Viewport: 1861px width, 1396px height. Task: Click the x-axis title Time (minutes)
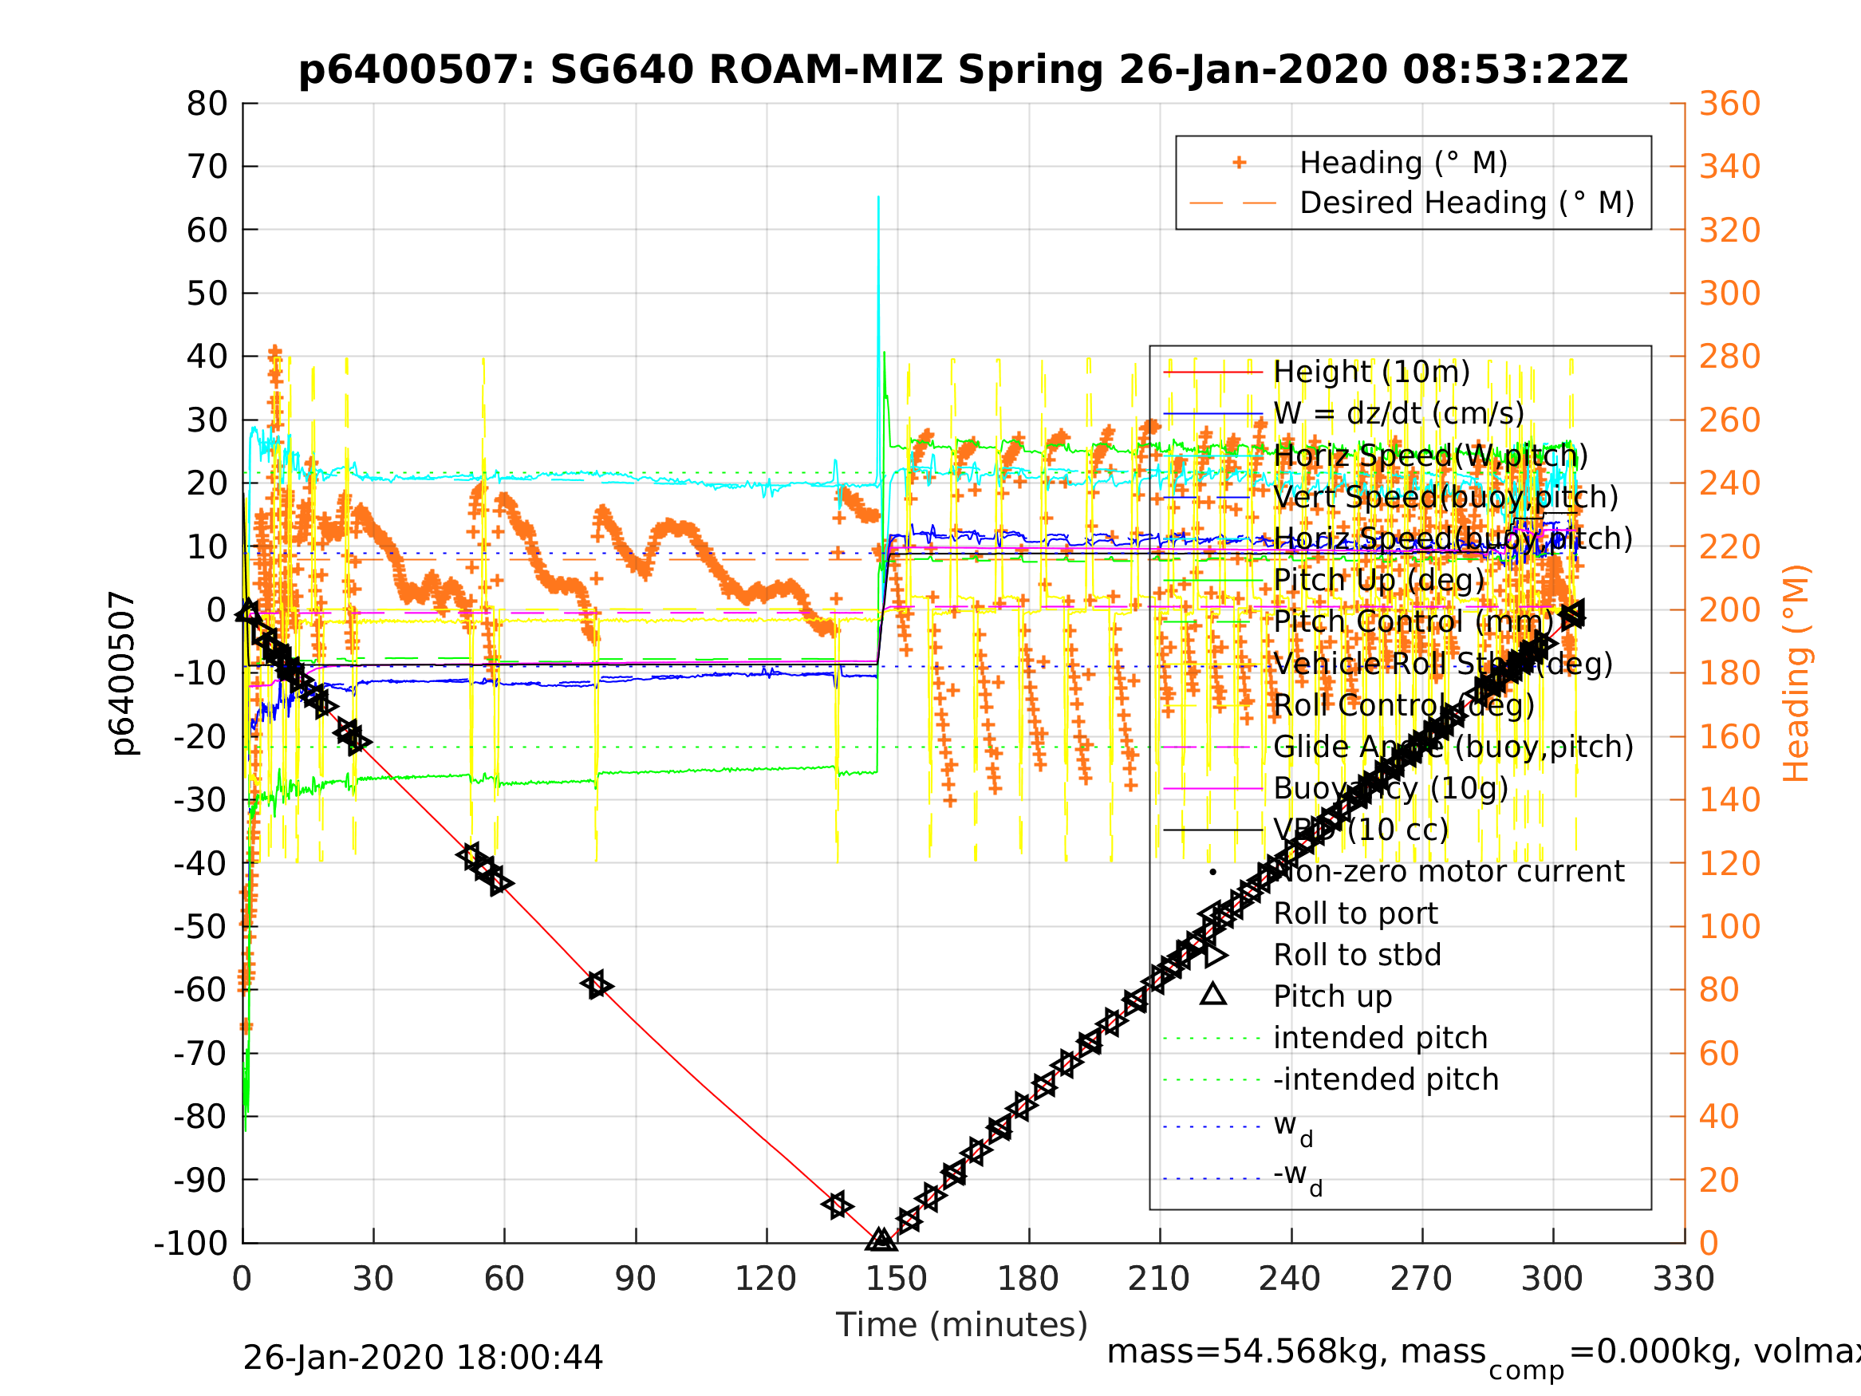(x=962, y=1324)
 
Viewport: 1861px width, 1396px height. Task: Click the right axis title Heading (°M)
(x=1796, y=673)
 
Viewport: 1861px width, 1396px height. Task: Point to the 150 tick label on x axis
(x=897, y=1279)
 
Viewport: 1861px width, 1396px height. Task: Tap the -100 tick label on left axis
(x=191, y=1243)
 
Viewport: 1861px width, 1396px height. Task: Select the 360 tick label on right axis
(x=1729, y=104)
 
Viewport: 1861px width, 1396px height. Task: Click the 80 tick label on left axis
(x=207, y=104)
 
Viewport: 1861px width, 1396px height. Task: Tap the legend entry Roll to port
(x=1355, y=913)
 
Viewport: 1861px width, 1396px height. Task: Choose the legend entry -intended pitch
(x=1386, y=1079)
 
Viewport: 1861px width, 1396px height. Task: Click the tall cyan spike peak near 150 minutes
(x=878, y=198)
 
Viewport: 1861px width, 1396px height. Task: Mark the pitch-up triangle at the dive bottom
(x=880, y=1239)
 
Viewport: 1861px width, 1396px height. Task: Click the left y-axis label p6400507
(x=123, y=673)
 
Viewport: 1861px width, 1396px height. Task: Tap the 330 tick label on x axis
(x=1683, y=1279)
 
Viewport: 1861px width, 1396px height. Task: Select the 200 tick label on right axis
(x=1729, y=610)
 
